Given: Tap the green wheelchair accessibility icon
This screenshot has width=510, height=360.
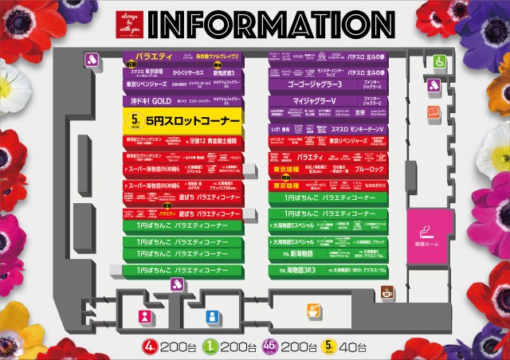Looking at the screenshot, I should tap(439, 61).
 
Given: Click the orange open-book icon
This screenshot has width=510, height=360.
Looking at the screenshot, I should tap(433, 112).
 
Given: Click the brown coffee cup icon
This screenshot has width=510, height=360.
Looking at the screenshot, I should tap(389, 292).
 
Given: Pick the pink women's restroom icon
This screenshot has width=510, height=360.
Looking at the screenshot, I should tap(145, 316).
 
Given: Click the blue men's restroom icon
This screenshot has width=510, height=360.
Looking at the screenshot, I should tap(212, 316).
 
